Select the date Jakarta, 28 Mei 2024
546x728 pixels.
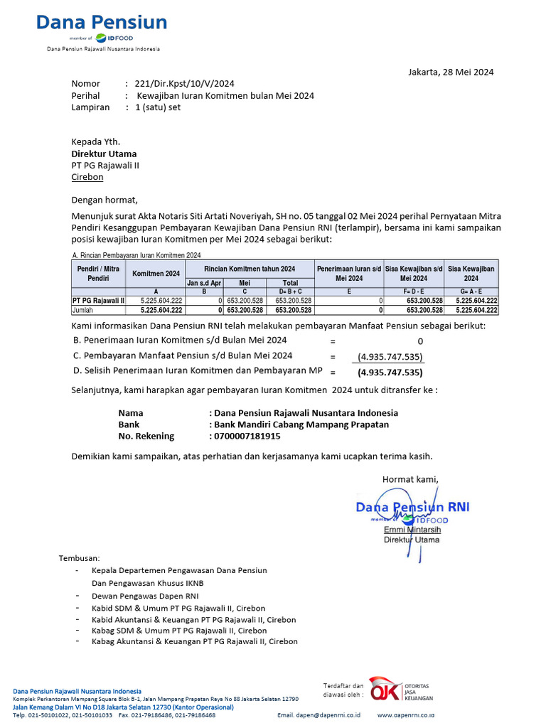[x=451, y=72]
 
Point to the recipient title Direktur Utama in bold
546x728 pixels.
[x=104, y=154]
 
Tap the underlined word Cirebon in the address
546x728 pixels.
[x=87, y=177]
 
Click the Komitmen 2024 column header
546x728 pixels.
[x=156, y=274]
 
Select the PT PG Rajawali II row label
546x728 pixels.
[x=98, y=301]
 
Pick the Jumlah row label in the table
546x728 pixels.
[x=84, y=310]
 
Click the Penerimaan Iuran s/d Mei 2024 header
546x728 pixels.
[x=350, y=274]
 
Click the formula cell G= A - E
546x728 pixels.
[x=471, y=291]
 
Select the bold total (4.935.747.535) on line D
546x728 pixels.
[x=390, y=372]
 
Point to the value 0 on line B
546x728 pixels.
[x=420, y=341]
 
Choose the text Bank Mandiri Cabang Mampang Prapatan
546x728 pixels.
[x=301, y=424]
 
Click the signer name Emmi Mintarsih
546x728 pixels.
[x=412, y=530]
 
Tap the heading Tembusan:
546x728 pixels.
[x=80, y=558]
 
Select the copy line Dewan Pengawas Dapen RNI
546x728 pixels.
[x=146, y=595]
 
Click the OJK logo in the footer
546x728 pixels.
[x=385, y=689]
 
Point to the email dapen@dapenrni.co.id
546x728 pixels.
[x=319, y=714]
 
